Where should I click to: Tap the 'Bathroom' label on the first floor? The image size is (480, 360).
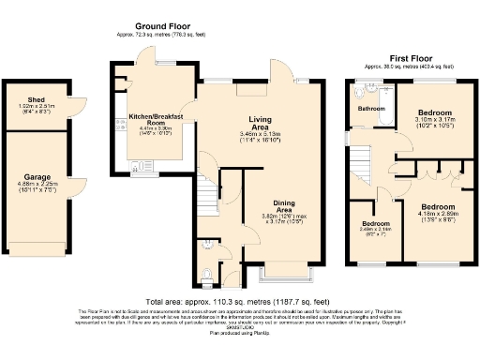pos(371,109)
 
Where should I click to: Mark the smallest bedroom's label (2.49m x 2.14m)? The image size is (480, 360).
pos(374,225)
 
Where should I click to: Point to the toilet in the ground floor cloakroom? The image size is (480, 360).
pos(207,274)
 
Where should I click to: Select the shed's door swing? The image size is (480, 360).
pos(79,98)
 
